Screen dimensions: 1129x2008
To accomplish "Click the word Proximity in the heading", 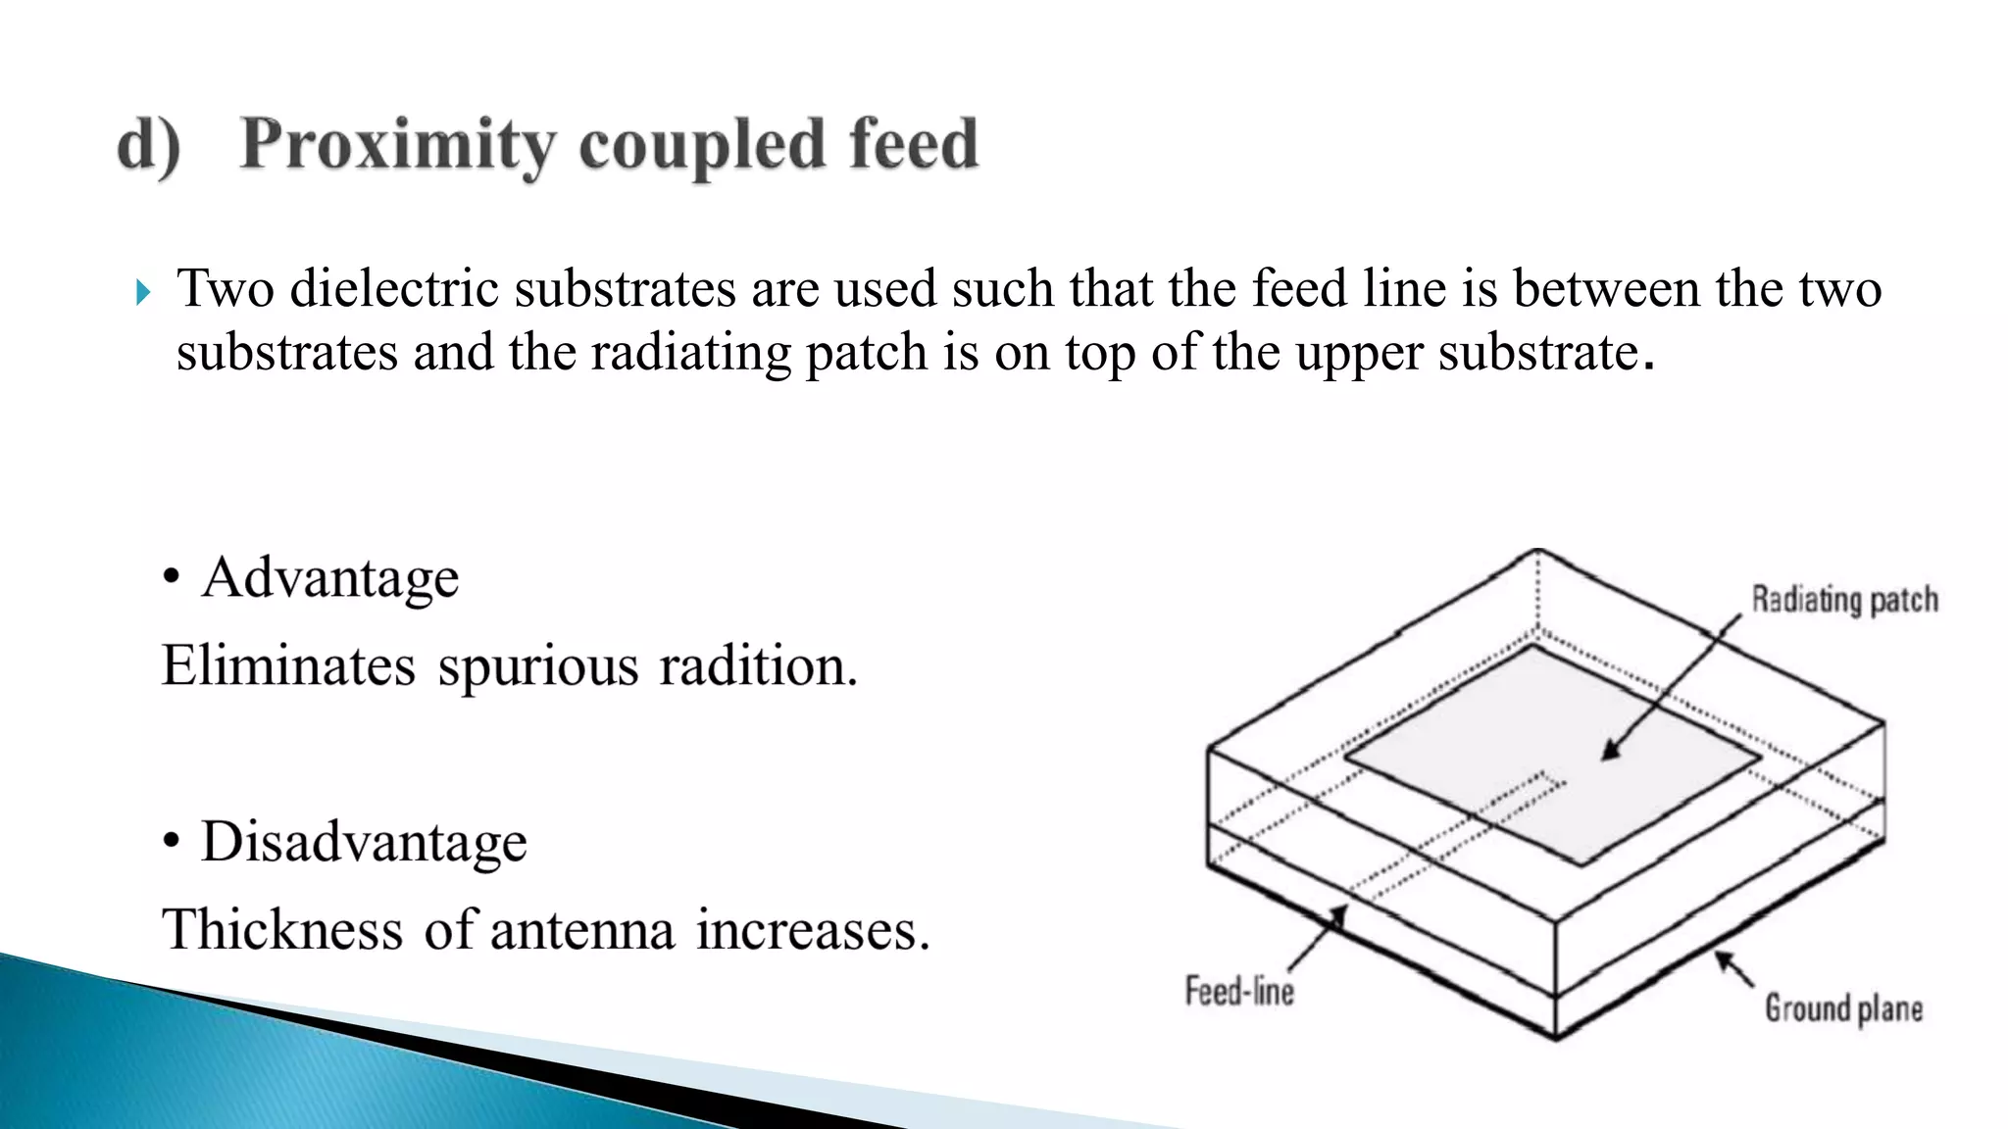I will click(x=398, y=145).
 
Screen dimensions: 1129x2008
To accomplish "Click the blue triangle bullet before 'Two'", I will click(x=143, y=292).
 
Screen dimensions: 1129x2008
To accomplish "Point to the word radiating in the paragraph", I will click(x=689, y=352).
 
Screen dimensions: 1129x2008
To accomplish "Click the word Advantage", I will click(x=329, y=577).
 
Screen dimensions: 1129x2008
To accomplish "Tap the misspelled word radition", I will click(x=757, y=666).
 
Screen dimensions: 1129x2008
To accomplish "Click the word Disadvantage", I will click(x=364, y=842).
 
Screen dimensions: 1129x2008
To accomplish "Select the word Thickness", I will click(x=282, y=929).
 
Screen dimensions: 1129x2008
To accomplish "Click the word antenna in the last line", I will click(x=581, y=930).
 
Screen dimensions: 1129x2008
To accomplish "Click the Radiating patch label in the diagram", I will click(x=1844, y=600).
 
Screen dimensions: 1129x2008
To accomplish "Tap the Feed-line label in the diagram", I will click(x=1239, y=991).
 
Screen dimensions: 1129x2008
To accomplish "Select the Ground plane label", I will click(x=1843, y=1008).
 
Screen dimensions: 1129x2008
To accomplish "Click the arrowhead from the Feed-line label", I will click(x=1337, y=914).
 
